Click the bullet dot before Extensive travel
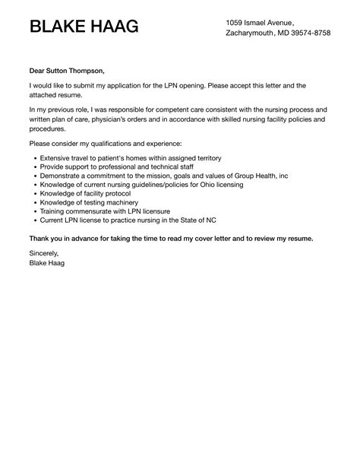click(35, 157)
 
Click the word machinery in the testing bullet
click(121, 203)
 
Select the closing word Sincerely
click(43, 253)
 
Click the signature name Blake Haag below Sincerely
click(47, 263)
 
